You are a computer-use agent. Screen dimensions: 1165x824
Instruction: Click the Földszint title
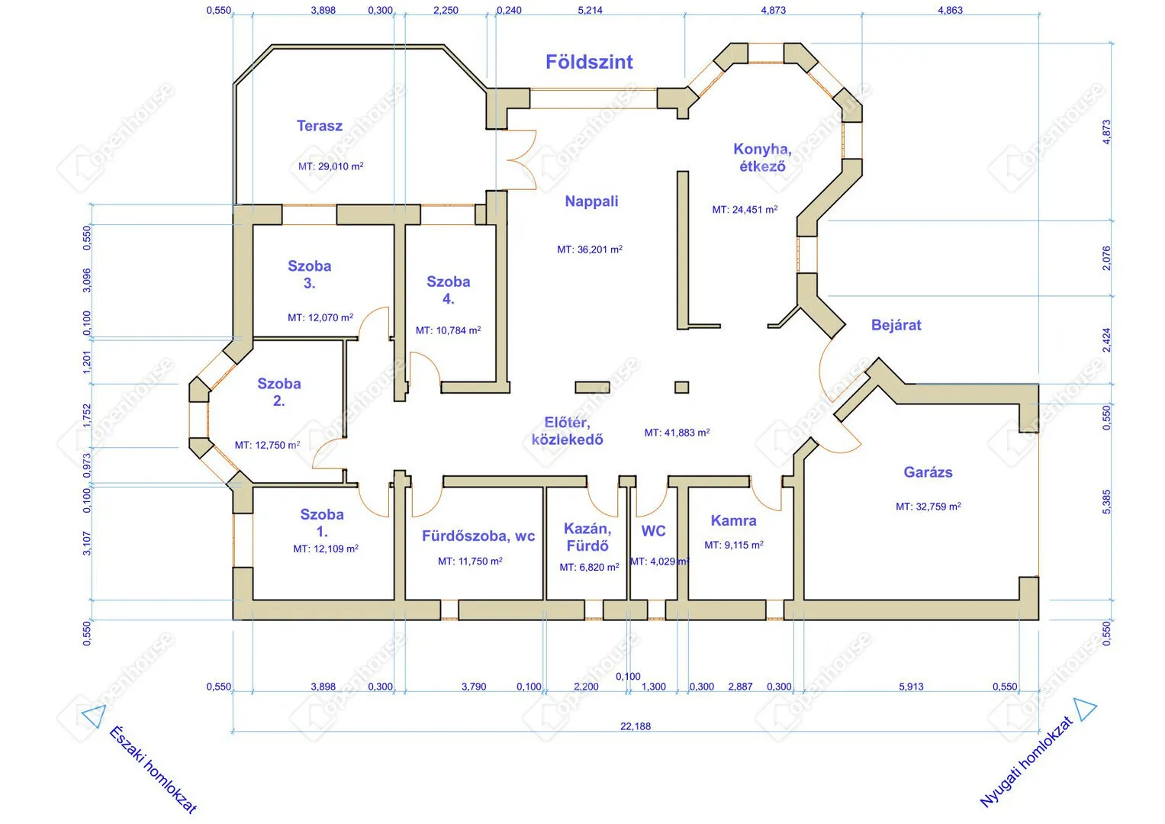[x=589, y=62]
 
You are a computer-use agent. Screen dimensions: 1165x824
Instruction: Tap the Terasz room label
[x=320, y=126]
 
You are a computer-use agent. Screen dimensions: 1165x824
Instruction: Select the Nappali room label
[x=591, y=201]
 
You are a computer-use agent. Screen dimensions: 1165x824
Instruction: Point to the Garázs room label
[x=928, y=472]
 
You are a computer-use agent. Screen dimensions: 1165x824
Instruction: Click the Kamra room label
[x=733, y=520]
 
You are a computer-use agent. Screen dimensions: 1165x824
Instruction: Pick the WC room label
[x=653, y=530]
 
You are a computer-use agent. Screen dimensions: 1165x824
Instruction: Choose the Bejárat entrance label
[x=896, y=325]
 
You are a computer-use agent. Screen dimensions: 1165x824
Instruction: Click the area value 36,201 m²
[x=590, y=249]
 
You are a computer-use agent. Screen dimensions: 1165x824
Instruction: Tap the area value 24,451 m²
[x=745, y=210]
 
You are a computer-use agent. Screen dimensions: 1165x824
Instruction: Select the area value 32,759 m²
[x=928, y=507]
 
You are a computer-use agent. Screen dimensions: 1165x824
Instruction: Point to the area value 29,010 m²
[x=331, y=166]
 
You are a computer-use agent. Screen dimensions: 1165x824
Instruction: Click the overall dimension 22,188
[x=635, y=726]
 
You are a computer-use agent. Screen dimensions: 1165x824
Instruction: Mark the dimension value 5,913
[x=911, y=687]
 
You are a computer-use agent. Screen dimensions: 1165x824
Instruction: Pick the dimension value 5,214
[x=590, y=11]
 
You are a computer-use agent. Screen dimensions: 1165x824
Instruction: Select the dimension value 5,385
[x=1107, y=502]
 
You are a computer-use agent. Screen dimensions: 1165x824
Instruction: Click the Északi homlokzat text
[x=153, y=770]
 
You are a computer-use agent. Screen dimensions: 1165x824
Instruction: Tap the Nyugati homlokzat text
[x=1027, y=762]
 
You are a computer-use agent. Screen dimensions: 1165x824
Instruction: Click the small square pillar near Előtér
[x=681, y=387]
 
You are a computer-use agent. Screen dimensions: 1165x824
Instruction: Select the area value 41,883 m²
[x=677, y=433]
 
